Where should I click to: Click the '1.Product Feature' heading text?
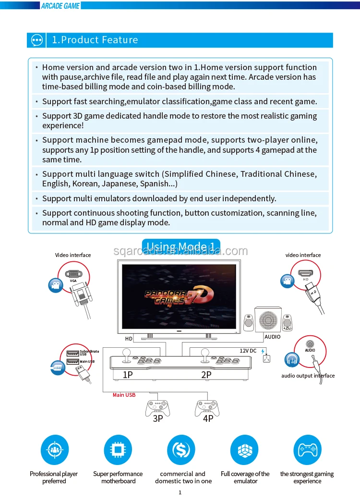pyautogui.click(x=95, y=40)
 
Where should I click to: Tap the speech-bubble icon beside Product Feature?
pyautogui.click(x=37, y=40)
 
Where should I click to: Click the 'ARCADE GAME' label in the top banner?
pyautogui.click(x=60, y=6)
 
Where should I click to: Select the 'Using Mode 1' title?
pyautogui.click(x=181, y=247)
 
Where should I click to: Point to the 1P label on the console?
pyautogui.click(x=128, y=375)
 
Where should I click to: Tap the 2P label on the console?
pyautogui.click(x=206, y=375)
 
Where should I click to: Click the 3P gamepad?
pyautogui.click(x=157, y=407)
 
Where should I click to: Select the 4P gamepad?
pyautogui.click(x=207, y=407)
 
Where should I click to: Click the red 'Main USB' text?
pyautogui.click(x=124, y=395)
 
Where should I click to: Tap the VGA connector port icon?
pyautogui.click(x=73, y=274)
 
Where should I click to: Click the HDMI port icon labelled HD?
pyautogui.click(x=305, y=273)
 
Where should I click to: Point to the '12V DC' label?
pyautogui.click(x=248, y=351)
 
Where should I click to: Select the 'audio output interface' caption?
pyautogui.click(x=308, y=376)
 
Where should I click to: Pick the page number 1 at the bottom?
pyautogui.click(x=180, y=492)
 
